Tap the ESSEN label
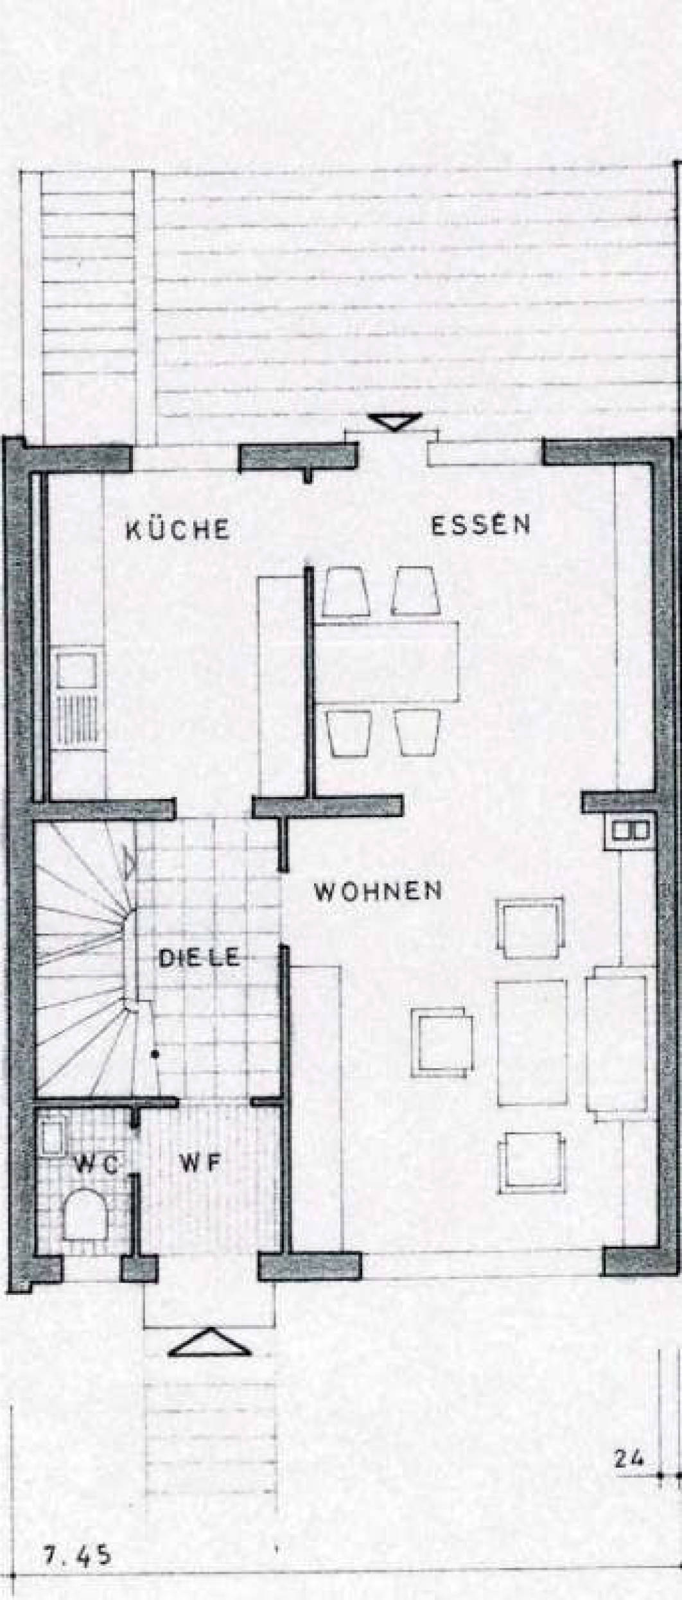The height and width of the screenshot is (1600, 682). (x=480, y=525)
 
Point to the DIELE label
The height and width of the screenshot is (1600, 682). (x=199, y=958)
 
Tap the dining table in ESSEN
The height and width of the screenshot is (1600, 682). (x=389, y=662)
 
